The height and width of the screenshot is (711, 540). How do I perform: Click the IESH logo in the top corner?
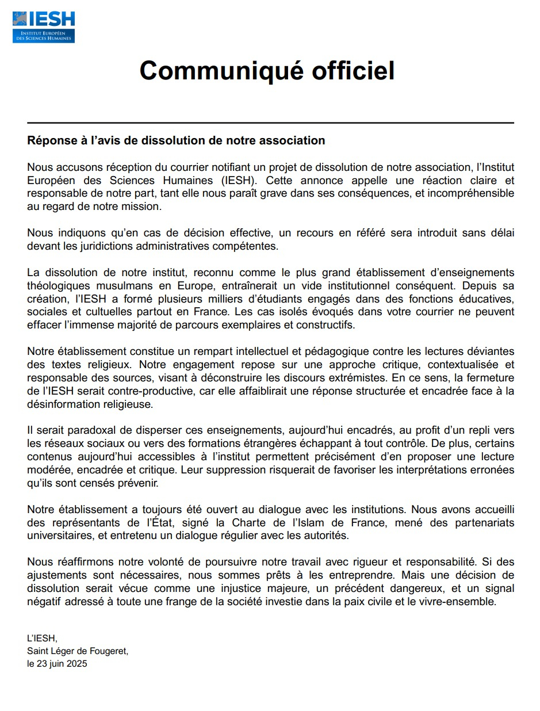pos(44,26)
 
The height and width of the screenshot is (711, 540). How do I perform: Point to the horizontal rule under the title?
pos(270,123)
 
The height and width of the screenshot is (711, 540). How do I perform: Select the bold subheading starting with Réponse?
pos(176,140)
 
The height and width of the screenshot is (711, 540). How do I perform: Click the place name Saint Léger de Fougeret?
pos(78,651)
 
